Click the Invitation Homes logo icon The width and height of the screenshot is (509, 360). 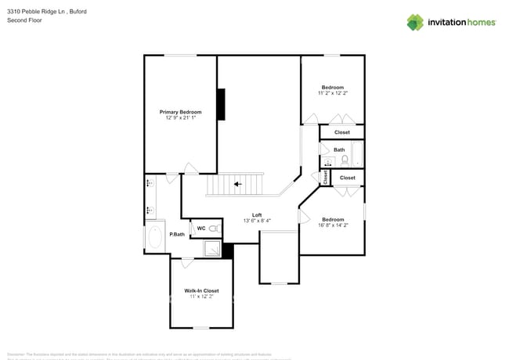pyautogui.click(x=415, y=22)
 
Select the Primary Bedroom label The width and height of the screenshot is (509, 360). pyautogui.click(x=180, y=112)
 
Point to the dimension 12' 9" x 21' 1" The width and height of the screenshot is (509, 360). pyautogui.click(x=180, y=118)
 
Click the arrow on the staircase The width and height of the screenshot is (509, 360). pyautogui.click(x=237, y=185)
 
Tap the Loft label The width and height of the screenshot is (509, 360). pyautogui.click(x=257, y=214)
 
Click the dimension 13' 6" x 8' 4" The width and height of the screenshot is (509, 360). pyautogui.click(x=257, y=221)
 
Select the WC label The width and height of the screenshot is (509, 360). pyautogui.click(x=200, y=229)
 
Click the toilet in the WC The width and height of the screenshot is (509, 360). pyautogui.click(x=214, y=229)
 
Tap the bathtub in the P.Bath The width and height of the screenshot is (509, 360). pyautogui.click(x=155, y=236)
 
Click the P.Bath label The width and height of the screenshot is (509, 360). pyautogui.click(x=178, y=234)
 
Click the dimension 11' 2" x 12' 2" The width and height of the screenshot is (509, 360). pyautogui.click(x=333, y=93)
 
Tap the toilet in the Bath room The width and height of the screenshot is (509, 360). pyautogui.click(x=345, y=160)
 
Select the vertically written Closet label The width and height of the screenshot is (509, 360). pyautogui.click(x=326, y=178)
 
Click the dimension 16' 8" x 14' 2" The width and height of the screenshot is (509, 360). pyautogui.click(x=333, y=225)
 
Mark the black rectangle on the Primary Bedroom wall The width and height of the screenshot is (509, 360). pyautogui.click(x=221, y=105)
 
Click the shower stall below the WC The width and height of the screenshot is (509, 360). pyautogui.click(x=211, y=249)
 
